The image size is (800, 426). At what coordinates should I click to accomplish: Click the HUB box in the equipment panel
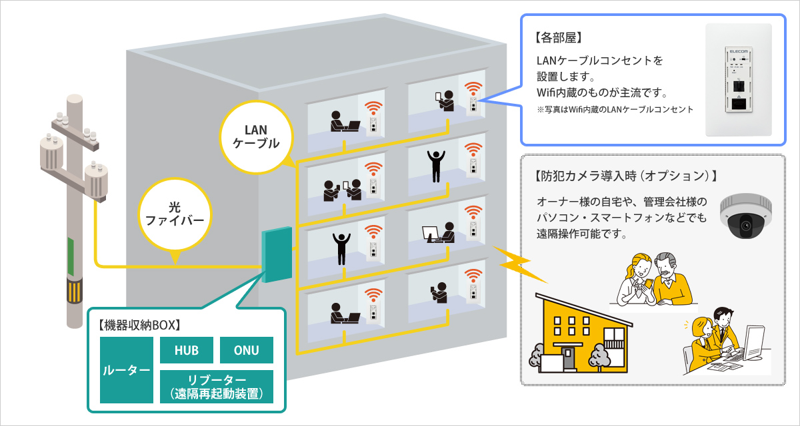coord(187,350)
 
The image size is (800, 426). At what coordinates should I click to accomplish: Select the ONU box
coord(247,350)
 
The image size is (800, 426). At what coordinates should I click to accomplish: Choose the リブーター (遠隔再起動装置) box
coord(217,387)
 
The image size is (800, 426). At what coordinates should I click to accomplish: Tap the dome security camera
coord(745,216)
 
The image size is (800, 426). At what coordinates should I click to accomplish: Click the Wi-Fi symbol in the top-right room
coord(473,88)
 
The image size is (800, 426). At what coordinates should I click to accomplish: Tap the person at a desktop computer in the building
coord(439,232)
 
